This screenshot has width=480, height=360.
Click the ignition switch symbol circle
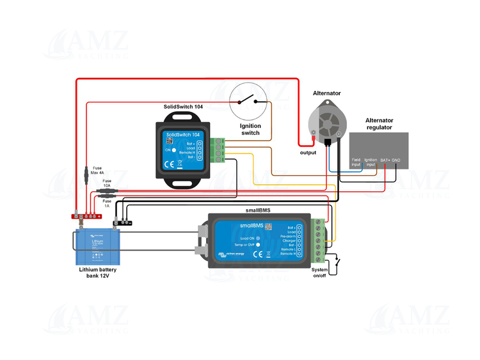click(250, 102)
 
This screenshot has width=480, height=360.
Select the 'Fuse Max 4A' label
click(97, 170)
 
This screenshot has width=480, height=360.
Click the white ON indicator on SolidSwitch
click(173, 150)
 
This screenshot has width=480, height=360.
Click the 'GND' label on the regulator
click(396, 160)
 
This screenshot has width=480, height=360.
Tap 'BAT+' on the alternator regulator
click(385, 160)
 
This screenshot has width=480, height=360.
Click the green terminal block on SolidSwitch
click(219, 150)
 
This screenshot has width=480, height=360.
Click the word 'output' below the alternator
click(308, 152)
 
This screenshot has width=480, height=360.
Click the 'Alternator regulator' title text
click(380, 123)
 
